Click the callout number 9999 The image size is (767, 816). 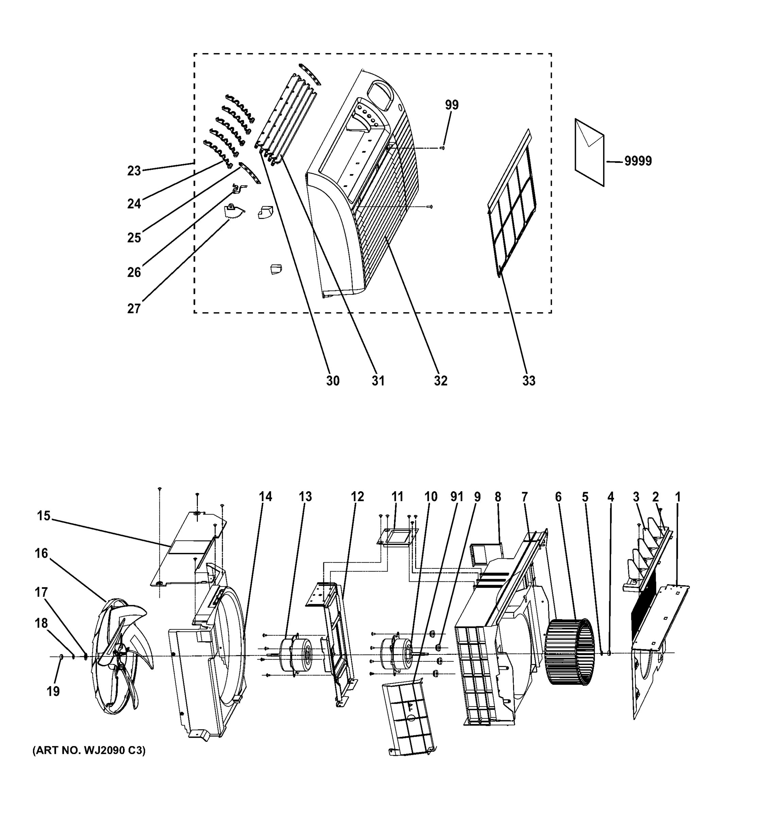(638, 161)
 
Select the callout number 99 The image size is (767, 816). (451, 105)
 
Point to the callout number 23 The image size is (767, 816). (134, 171)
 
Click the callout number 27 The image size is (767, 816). (134, 308)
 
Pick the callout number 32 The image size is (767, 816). (440, 381)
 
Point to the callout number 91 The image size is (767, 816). (456, 497)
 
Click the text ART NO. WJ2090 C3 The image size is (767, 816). (89, 751)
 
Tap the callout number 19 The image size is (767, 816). (53, 692)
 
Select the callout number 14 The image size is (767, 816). (266, 497)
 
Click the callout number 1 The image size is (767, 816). (678, 497)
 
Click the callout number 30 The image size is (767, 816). (333, 381)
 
